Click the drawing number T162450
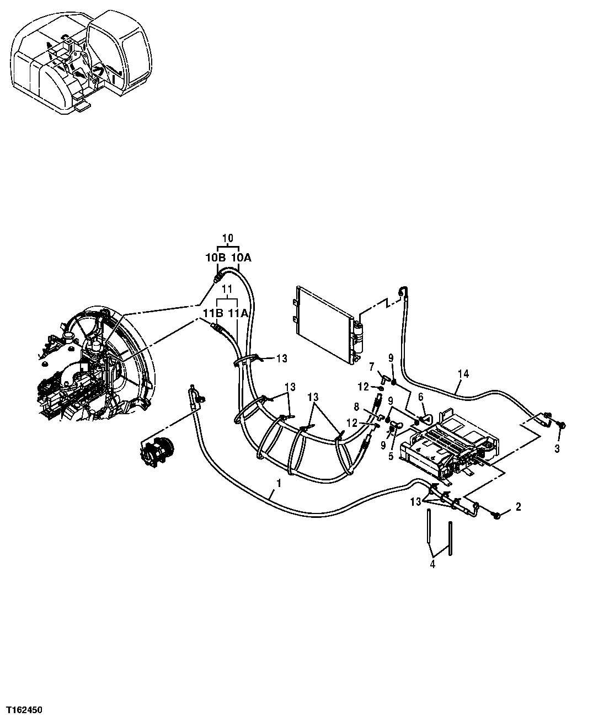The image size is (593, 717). click(25, 709)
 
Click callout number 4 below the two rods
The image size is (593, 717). click(432, 564)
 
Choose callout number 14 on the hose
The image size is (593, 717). click(463, 374)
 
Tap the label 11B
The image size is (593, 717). click(211, 313)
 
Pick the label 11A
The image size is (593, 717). click(238, 313)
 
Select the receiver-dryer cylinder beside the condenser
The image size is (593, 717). click(361, 336)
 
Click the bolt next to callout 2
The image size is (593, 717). click(496, 515)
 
